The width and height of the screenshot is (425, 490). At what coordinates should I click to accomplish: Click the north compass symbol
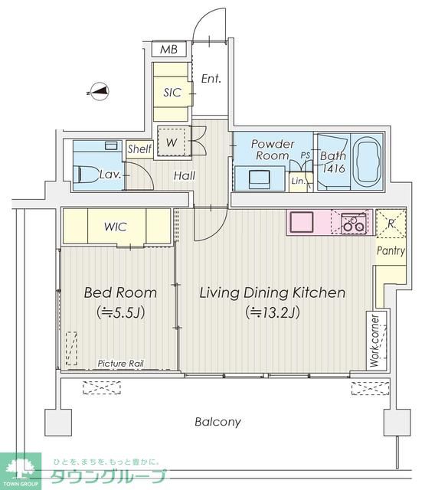click(x=99, y=91)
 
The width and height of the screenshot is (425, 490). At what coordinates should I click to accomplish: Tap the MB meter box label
click(x=168, y=49)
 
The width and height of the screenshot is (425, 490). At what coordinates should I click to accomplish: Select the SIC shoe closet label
click(x=172, y=93)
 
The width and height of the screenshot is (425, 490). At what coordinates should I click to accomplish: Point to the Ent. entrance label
click(x=211, y=78)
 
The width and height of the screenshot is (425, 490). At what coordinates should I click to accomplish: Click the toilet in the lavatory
click(x=85, y=174)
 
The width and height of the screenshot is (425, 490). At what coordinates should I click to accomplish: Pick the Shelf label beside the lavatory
click(x=139, y=149)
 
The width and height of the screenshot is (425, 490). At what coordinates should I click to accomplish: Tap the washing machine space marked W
click(x=174, y=141)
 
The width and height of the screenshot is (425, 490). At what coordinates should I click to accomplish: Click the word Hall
click(x=185, y=175)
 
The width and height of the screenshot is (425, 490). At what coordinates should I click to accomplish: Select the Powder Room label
click(x=273, y=149)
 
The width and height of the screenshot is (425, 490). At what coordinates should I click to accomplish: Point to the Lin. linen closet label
click(x=298, y=181)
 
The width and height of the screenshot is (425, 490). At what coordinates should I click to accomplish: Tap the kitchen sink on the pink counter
click(x=302, y=222)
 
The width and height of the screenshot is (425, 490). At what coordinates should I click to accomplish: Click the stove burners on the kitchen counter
click(x=354, y=223)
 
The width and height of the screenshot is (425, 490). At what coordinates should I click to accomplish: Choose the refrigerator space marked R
click(x=391, y=223)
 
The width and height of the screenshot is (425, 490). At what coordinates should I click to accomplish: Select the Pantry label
click(x=391, y=250)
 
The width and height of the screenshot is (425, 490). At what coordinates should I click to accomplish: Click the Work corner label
click(x=374, y=341)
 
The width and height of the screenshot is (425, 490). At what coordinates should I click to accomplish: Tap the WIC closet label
click(x=116, y=227)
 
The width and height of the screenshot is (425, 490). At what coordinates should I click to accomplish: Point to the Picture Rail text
click(x=121, y=364)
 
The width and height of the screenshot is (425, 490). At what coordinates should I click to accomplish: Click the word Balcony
click(x=217, y=422)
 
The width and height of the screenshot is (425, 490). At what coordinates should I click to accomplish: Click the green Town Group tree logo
click(x=21, y=470)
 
